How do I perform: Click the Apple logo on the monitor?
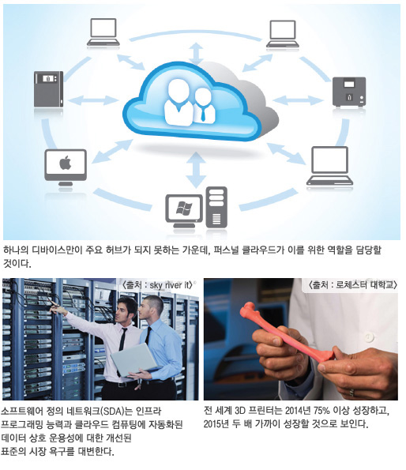66,163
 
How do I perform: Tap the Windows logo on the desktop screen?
184,209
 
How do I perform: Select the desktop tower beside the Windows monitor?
216,207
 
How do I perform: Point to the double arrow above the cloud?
196,53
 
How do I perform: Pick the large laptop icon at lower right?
329,166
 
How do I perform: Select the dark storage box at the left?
48,89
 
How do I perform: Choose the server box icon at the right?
349,92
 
